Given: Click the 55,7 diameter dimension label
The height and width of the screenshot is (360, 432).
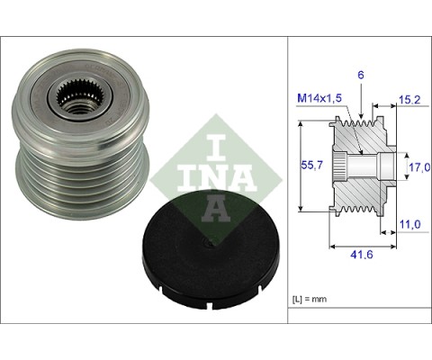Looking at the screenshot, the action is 311,165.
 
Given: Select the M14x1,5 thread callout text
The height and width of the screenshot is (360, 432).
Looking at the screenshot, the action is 319,98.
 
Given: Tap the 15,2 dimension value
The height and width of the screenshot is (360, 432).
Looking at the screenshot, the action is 409,100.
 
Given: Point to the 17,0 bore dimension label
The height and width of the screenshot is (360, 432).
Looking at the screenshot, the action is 419,167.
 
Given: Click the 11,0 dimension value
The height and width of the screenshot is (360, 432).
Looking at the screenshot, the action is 410,224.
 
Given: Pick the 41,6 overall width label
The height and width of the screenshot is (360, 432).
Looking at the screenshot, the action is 362,255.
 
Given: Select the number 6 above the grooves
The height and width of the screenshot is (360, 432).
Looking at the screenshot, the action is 361,75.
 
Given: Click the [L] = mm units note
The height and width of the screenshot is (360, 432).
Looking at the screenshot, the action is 310,299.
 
